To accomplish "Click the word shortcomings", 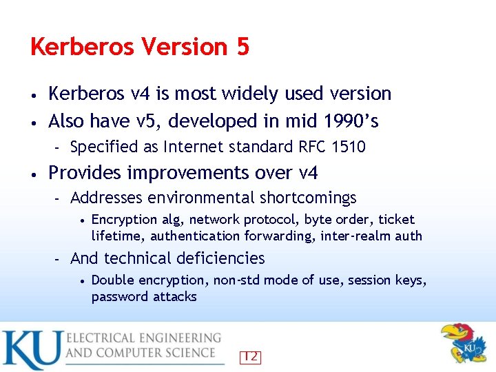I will [308, 198].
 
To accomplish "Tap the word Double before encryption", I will [112, 280].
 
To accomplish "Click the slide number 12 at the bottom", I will [250, 357].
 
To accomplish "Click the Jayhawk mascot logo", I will [463, 342].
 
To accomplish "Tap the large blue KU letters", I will [31, 350].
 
